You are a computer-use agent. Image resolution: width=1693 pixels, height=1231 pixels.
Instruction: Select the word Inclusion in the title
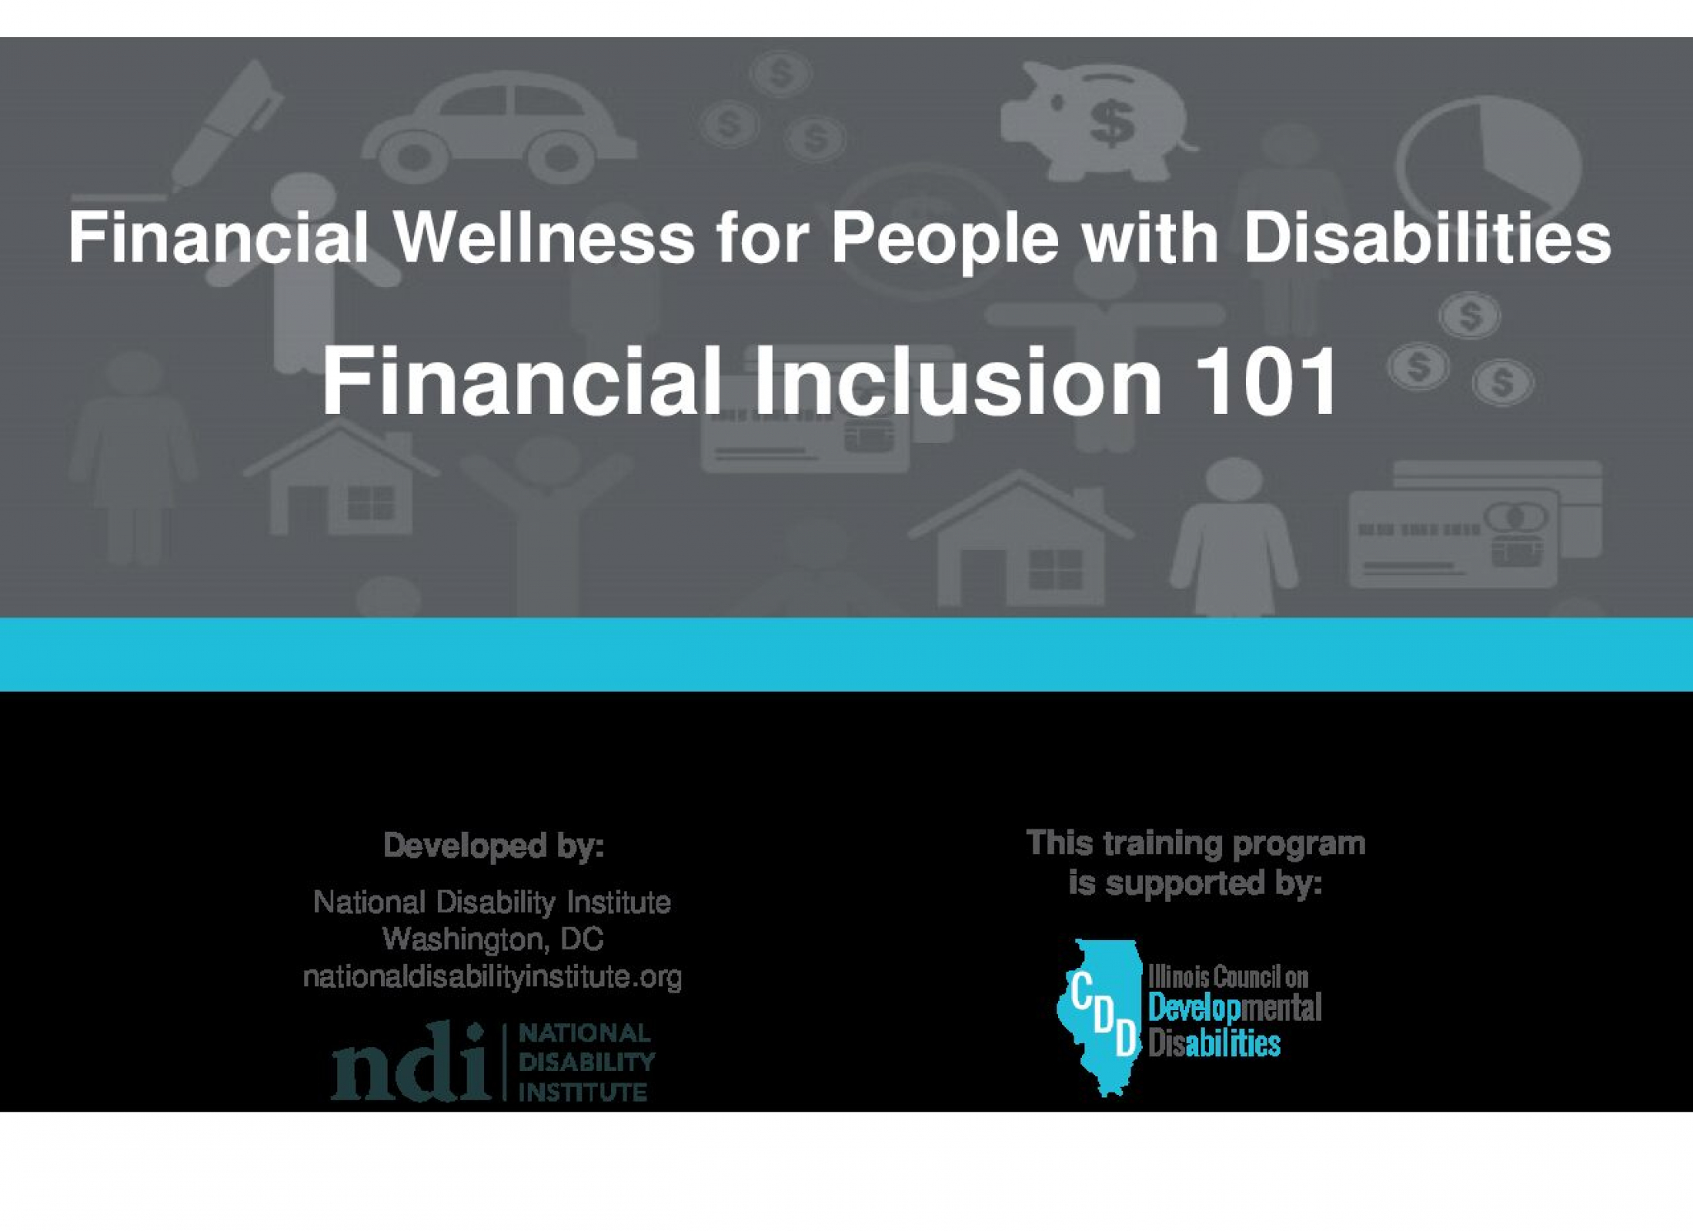coord(957,381)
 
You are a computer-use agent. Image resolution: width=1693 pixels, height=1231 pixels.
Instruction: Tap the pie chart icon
coord(1489,158)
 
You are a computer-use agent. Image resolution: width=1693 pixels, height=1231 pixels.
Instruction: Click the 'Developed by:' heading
coord(493,846)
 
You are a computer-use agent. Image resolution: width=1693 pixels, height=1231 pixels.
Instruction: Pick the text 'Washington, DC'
coord(493,939)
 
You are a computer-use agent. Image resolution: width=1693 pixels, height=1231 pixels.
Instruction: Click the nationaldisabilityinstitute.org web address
coord(493,977)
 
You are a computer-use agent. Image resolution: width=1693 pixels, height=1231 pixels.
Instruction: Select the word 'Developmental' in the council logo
coord(1234,1008)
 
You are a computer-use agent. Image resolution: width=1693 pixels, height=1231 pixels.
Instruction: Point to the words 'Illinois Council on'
coord(1228,976)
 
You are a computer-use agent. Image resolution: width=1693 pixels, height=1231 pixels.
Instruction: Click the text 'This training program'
coord(1196,843)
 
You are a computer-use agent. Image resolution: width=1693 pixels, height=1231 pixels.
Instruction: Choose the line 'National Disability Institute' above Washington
coord(493,902)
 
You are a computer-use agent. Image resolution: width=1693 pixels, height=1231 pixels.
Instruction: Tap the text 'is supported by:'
coord(1195,883)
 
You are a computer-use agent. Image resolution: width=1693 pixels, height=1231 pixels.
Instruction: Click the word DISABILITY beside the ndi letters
coord(586,1063)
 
